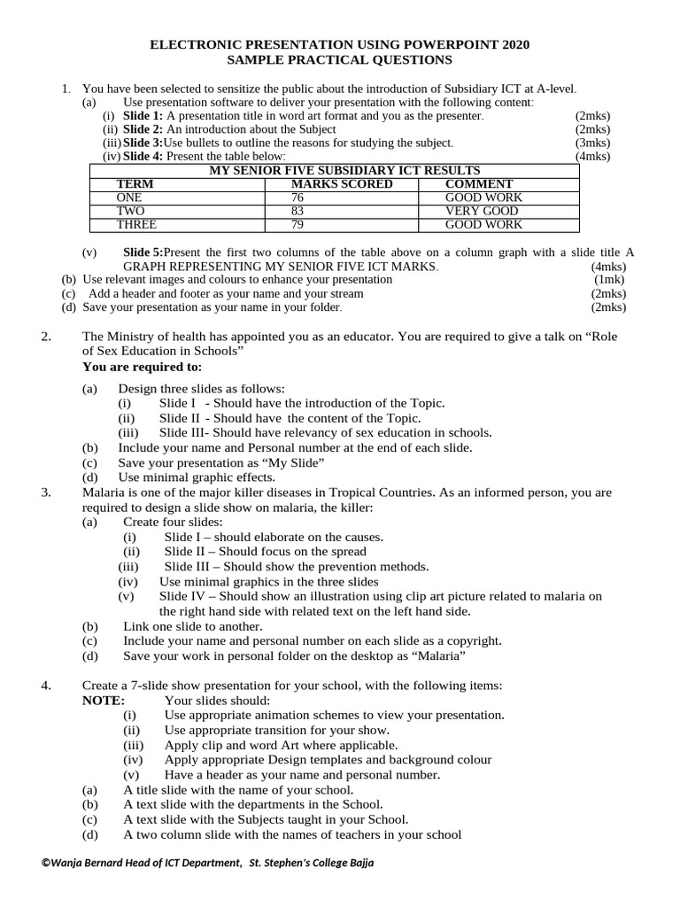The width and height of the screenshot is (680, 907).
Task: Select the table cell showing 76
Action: coord(297,198)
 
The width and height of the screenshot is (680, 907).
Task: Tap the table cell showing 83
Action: coord(297,212)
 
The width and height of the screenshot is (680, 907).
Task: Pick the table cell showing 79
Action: coord(297,225)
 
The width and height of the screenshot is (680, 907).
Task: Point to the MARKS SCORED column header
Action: coord(342,184)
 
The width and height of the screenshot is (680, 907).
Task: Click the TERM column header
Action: coord(135,184)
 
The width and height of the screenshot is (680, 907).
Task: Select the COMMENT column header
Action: coord(479,184)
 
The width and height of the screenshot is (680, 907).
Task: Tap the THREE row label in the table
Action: coord(136,225)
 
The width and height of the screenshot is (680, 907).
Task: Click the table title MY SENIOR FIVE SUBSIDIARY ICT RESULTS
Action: coord(344,170)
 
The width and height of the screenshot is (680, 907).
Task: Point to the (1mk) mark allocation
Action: coord(609,279)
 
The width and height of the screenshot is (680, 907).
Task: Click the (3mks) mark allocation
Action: coord(592,143)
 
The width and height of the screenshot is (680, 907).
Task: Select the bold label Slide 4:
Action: coord(143,156)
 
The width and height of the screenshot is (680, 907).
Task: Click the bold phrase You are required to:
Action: coord(142,366)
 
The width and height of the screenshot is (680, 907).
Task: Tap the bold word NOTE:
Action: coord(104,700)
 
